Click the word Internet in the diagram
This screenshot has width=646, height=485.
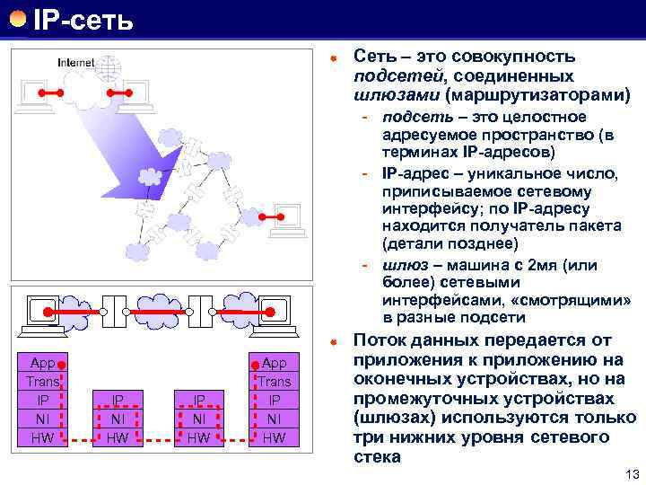74,63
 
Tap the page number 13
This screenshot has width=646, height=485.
628,473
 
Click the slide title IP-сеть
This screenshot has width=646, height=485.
83,17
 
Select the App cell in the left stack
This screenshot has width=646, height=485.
43,363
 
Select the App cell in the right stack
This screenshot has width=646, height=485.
275,363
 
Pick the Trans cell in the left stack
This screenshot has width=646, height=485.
43,382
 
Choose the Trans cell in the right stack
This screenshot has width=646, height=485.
275,382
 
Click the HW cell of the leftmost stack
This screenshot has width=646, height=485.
43,437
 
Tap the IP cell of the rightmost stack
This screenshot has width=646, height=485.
275,400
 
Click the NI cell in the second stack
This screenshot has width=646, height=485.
117,419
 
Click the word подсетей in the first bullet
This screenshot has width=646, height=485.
393,75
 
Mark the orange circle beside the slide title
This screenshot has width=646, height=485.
17,17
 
